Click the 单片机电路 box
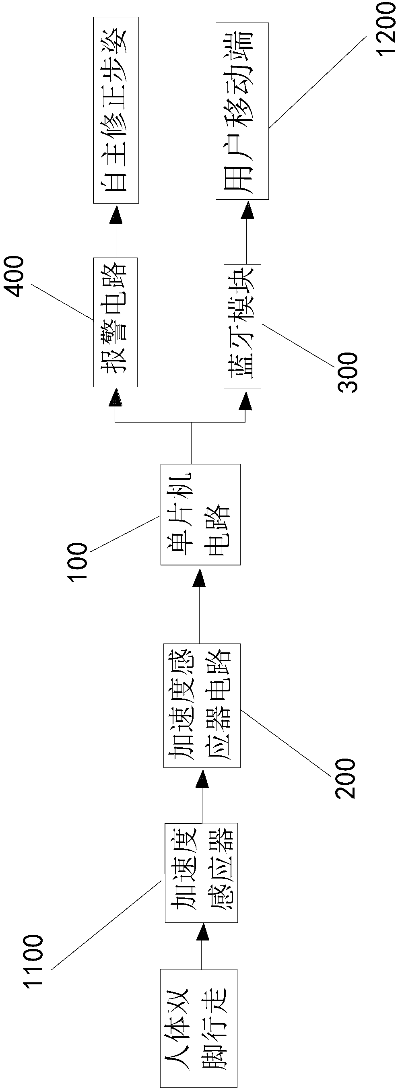[200, 515]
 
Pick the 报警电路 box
[115, 322]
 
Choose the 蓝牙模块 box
[242, 326]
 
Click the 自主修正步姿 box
[115, 110]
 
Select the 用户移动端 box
[242, 111]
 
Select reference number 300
[348, 372]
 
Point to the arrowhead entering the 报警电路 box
[115, 398]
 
